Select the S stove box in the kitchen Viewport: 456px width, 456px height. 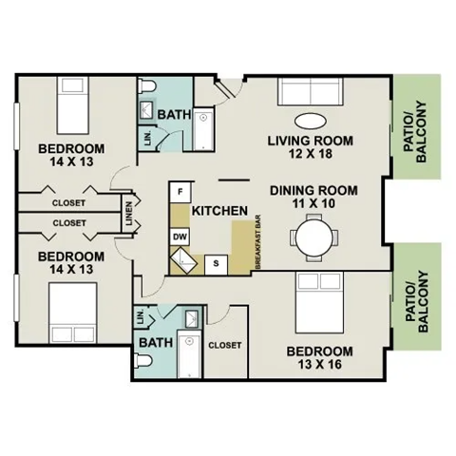217,263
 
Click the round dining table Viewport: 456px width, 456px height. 313,237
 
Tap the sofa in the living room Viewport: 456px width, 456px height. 310,94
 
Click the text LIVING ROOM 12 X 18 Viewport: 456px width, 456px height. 310,148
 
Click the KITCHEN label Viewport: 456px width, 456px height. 220,210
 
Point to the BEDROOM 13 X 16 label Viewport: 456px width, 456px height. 326,357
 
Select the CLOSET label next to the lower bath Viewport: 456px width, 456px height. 224,345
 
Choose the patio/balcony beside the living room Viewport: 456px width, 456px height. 419,132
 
